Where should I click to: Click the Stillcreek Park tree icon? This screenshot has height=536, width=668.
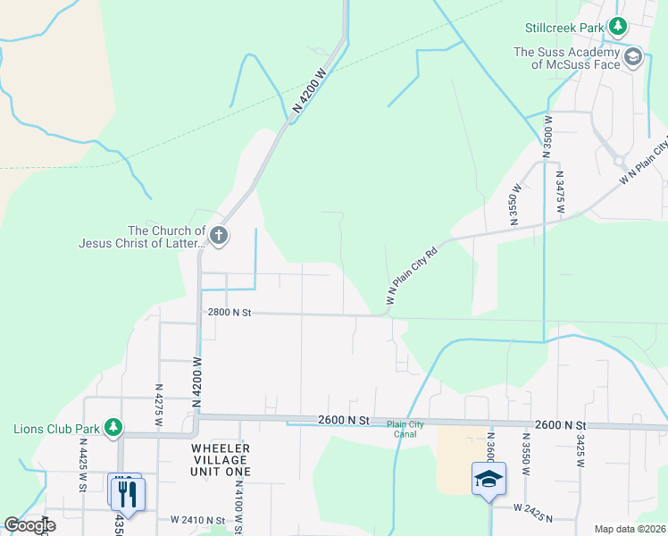[617, 28]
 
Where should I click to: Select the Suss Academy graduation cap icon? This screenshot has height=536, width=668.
[633, 58]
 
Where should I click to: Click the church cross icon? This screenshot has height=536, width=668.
[219, 237]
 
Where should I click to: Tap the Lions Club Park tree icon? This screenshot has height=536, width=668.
[113, 428]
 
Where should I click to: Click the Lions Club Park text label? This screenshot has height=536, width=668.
[55, 429]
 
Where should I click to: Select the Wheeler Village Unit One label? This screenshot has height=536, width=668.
[220, 459]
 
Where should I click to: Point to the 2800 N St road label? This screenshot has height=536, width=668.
[230, 313]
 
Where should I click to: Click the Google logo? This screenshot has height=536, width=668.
[30, 525]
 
